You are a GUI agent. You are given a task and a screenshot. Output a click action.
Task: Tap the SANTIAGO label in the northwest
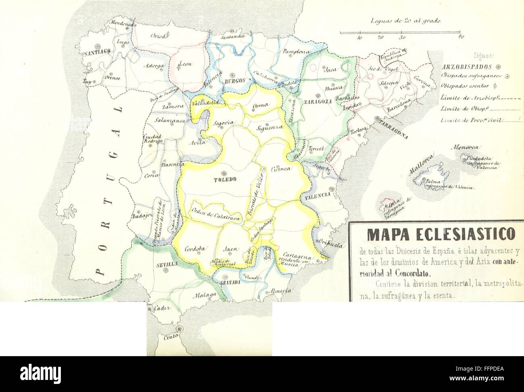pos(98,52)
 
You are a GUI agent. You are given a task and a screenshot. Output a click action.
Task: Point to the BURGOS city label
pos(235,81)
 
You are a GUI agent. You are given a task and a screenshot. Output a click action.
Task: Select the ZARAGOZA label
pos(318,102)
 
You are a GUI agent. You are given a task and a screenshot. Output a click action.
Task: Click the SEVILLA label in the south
pos(166,265)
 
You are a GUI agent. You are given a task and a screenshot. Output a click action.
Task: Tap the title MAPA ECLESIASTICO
pos(436,234)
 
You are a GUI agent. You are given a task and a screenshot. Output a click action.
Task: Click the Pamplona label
pos(296,52)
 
